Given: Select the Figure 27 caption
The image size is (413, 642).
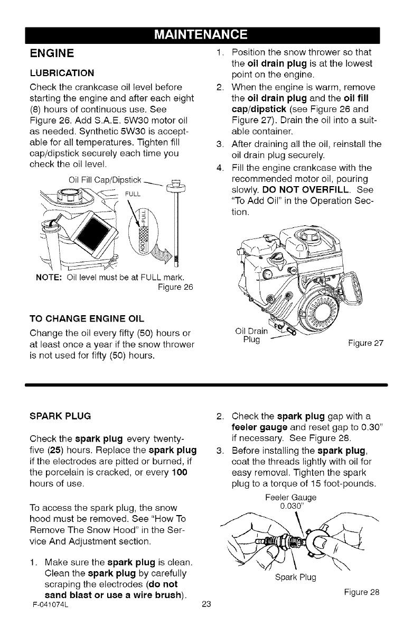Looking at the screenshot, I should coord(365,343).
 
